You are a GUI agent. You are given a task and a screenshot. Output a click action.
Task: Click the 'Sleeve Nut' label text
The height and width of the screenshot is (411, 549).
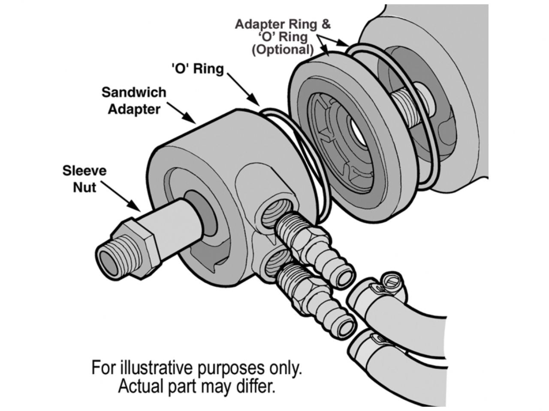[x=84, y=179]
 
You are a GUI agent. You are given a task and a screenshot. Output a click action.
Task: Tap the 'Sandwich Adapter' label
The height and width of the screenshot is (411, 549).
[x=134, y=101]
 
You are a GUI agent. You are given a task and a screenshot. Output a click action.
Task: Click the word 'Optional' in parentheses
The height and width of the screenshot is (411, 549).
[x=283, y=50]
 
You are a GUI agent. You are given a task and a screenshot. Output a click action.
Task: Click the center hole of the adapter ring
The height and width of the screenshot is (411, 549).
[x=358, y=130]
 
